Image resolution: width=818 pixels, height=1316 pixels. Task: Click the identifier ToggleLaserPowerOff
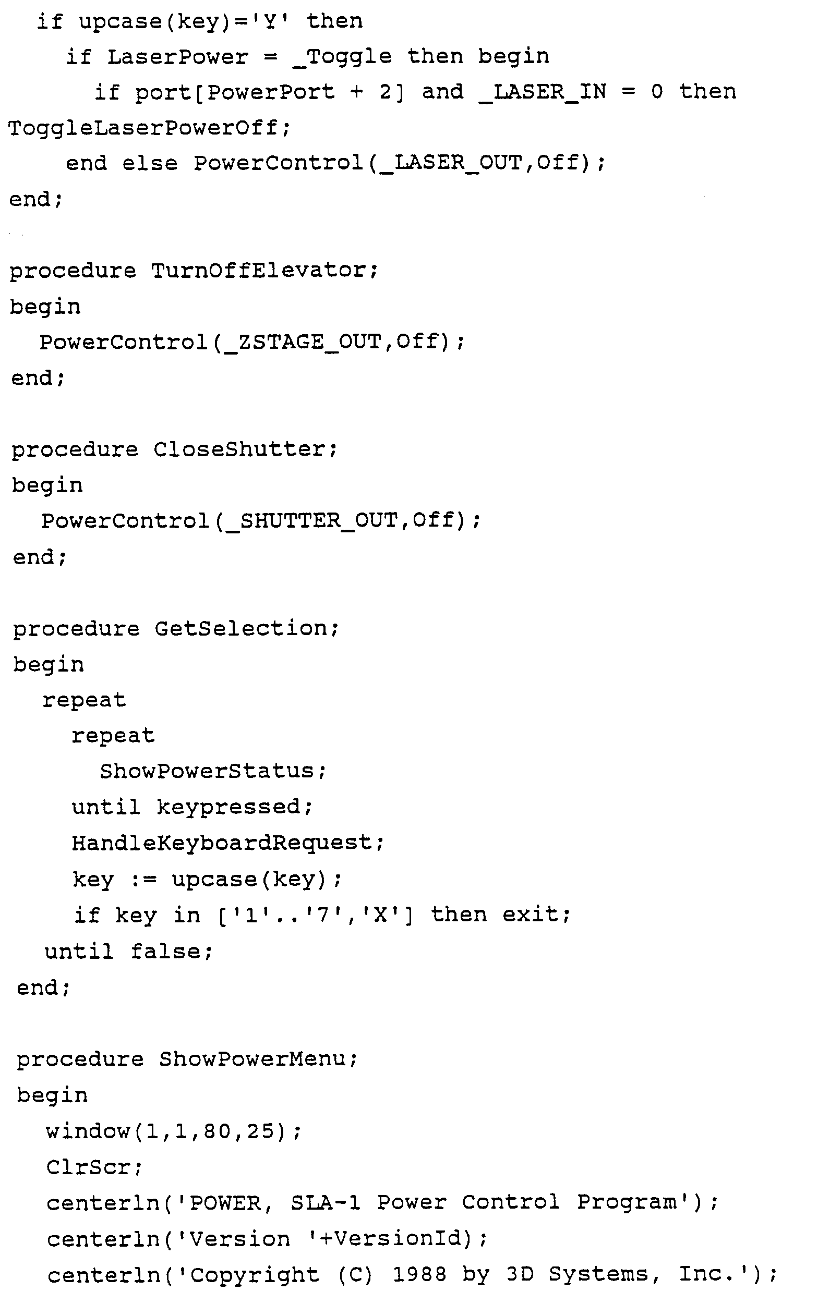[x=143, y=128]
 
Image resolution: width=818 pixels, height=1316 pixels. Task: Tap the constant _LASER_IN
[x=543, y=92]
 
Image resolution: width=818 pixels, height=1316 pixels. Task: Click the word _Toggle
[x=342, y=57]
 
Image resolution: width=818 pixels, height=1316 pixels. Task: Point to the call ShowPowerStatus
[x=207, y=771]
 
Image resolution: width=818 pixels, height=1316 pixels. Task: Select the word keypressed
[x=228, y=807]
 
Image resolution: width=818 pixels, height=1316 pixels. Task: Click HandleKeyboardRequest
[x=221, y=843]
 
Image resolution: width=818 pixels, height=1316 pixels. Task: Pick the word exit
[x=530, y=915]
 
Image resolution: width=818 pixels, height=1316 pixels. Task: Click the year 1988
[x=419, y=1274]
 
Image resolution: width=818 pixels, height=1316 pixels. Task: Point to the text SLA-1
[x=325, y=1202]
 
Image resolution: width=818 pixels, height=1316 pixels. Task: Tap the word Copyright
[x=254, y=1274]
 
